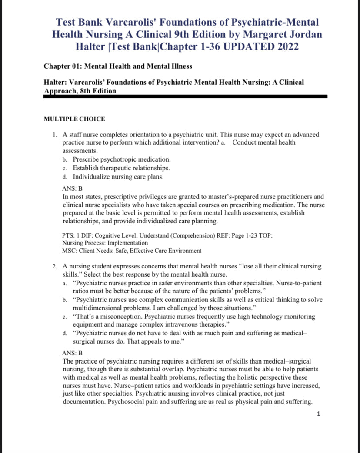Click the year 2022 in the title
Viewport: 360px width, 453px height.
283,46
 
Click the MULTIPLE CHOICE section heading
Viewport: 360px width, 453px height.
74,119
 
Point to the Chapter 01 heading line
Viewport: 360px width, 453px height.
118,66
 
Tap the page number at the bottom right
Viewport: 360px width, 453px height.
319,414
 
